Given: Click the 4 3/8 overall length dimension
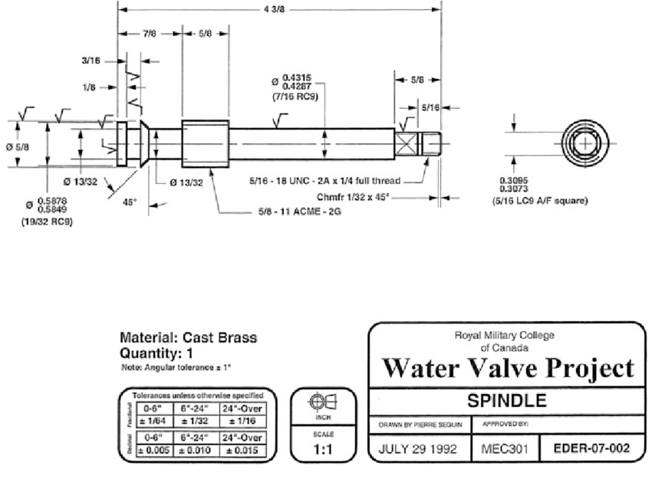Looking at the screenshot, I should [279, 10].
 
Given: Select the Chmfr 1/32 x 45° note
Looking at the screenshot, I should [352, 197].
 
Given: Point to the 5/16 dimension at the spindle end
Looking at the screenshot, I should [430, 108].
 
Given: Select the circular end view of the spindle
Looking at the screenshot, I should [585, 143].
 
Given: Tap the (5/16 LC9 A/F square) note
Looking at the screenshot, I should [539, 202].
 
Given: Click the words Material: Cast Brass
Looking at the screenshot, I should [189, 338].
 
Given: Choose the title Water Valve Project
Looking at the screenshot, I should [508, 369].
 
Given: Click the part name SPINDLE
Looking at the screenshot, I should [508, 401].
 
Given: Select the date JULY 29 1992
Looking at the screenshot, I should [419, 449].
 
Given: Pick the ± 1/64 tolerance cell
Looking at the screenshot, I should [153, 421].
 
